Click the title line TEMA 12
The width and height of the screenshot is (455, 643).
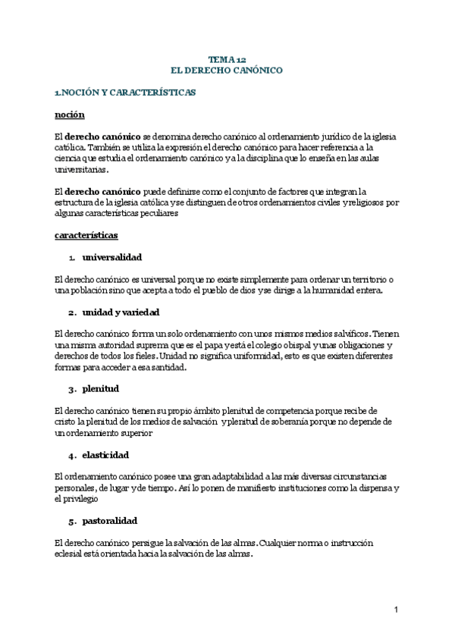coord(227,59)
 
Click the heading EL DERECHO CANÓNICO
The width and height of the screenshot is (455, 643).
coord(227,70)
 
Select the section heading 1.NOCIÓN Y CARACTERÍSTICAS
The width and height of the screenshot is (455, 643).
coord(125,93)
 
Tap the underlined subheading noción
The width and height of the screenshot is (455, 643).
coord(69,114)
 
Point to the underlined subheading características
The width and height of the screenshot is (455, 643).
coord(86,236)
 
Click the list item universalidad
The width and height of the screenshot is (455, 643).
coord(111,258)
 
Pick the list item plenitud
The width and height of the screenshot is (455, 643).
coord(100,389)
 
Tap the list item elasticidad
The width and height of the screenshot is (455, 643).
coord(105,455)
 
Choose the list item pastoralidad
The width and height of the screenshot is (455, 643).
coord(109,522)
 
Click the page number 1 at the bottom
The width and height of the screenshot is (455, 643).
coord(396,610)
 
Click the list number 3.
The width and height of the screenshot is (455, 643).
coord(71,389)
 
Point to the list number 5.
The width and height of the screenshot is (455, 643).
coord(71,522)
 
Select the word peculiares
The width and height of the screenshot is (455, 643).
coord(158,214)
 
